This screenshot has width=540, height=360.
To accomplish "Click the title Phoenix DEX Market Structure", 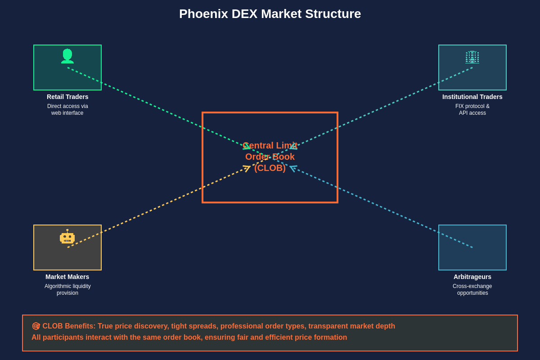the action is click(270, 14).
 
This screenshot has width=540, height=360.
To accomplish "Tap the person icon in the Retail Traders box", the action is click(67, 56).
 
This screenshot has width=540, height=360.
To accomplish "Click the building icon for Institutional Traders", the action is click(472, 57).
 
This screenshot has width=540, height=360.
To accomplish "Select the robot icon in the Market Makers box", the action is click(67, 237).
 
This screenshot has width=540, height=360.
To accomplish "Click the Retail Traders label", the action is click(67, 97).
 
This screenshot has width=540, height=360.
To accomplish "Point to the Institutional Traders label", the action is click(472, 97).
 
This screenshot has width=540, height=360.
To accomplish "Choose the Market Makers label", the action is click(67, 277).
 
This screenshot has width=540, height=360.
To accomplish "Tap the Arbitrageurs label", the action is click(472, 277).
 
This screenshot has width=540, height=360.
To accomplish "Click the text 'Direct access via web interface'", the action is click(67, 110).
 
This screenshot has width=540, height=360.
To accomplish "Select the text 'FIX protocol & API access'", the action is click(472, 110).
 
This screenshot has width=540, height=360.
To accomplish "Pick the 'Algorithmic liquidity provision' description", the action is click(67, 290).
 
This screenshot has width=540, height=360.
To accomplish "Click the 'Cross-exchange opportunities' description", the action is click(472, 290).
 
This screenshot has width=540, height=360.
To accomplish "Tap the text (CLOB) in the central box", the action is click(270, 168).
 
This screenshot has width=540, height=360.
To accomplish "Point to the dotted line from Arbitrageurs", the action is click(382, 207).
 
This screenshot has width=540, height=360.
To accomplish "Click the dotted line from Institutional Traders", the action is click(382, 108).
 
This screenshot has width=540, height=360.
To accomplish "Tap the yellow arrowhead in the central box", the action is click(247, 168).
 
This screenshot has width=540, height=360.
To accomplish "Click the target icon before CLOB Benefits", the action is click(36, 326).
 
